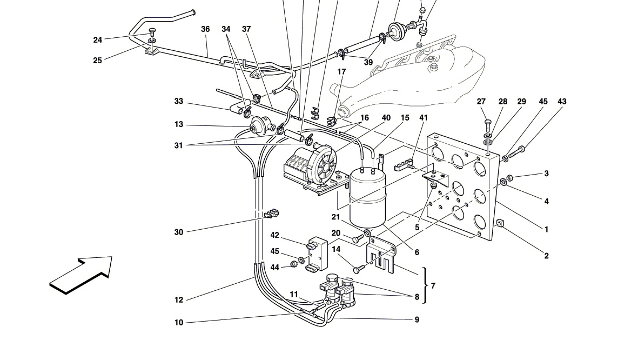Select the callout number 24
tap(97, 40)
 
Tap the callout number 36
tap(205, 29)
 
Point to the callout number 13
tap(179, 125)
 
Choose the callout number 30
tap(179, 232)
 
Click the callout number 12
tap(179, 300)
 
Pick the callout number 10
tap(179, 323)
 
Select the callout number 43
tap(562, 102)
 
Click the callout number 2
tap(547, 256)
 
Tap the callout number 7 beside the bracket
tap(433, 286)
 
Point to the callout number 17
tap(341, 72)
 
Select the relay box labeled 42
tap(317, 254)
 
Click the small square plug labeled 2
tap(499, 224)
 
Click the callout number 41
tap(423, 118)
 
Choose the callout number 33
tap(179, 102)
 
